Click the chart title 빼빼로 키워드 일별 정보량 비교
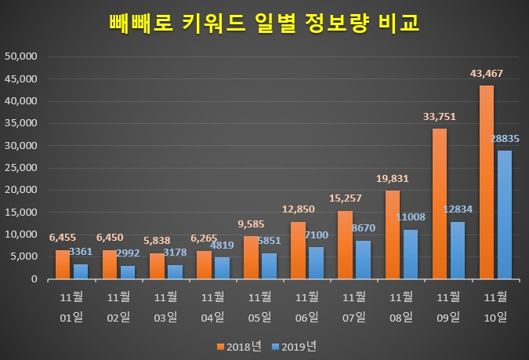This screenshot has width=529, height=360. tap(264, 23)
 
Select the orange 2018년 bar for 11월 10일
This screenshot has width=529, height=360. tap(486, 182)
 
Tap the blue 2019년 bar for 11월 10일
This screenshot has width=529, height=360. tap(504, 214)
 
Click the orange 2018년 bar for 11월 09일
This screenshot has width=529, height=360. tap(439, 203)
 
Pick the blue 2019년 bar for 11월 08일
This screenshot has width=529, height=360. tap(410, 254)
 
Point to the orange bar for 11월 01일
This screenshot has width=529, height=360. tap(63, 264)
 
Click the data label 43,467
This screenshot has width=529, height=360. tap(486, 74)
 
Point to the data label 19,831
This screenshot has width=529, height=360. tap(392, 179)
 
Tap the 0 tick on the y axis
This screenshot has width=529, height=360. tap(35, 278)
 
